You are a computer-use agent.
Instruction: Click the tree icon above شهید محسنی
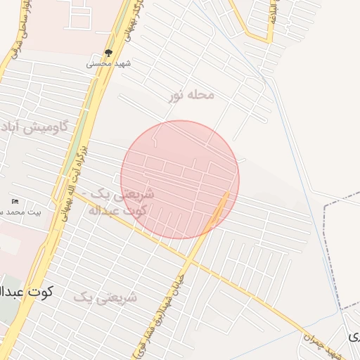[x=108, y=53]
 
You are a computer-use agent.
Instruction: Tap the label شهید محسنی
[x=109, y=63]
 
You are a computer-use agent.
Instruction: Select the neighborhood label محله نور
[x=190, y=95]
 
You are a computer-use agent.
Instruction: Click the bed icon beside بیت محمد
[x=15, y=202]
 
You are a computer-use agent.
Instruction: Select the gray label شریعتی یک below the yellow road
[x=105, y=297]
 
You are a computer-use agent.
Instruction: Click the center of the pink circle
[x=180, y=179]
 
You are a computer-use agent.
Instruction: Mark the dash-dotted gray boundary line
[x=329, y=253]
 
